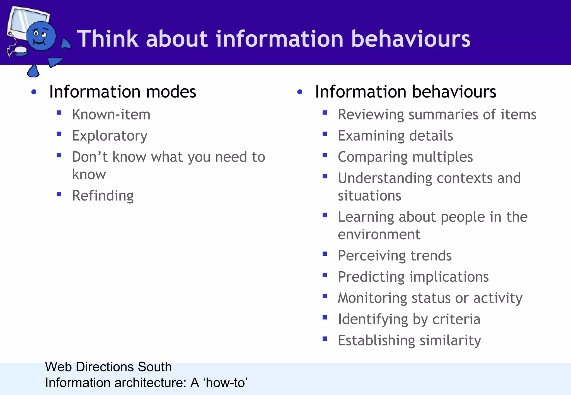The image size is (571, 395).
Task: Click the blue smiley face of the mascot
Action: pyautogui.click(x=41, y=36)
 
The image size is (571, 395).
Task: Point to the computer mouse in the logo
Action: pyautogui.click(x=20, y=50)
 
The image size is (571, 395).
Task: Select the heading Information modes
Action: pyautogui.click(x=122, y=92)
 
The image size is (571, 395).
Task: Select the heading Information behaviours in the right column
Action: pyautogui.click(x=405, y=92)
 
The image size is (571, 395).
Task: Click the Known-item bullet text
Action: pyautogui.click(x=111, y=114)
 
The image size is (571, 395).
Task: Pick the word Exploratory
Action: pyautogui.click(x=110, y=136)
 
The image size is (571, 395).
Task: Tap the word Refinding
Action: pyautogui.click(x=103, y=196)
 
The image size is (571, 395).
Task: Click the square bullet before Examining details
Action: pyautogui.click(x=325, y=134)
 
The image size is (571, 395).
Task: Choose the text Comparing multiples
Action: pyautogui.click(x=405, y=157)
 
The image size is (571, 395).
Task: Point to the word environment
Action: pyautogui.click(x=379, y=234)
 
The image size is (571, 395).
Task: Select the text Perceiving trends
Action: pyautogui.click(x=395, y=256)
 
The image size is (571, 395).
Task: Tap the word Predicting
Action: pyautogui.click(x=371, y=277)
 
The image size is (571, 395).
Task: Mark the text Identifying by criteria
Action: pyautogui.click(x=409, y=320)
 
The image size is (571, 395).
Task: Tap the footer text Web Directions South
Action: pyautogui.click(x=108, y=367)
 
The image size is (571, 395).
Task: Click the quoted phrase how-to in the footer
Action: pyautogui.click(x=226, y=383)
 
